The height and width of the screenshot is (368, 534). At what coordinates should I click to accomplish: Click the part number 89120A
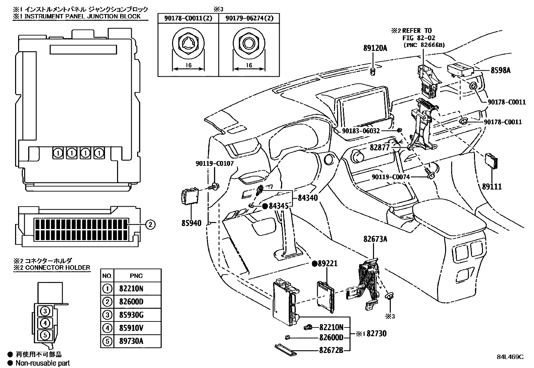click(375, 48)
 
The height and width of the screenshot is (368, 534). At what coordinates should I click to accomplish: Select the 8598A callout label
click(500, 70)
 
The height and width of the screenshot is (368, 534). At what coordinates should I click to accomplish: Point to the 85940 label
click(192, 223)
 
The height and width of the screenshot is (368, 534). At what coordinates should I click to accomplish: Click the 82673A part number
click(375, 239)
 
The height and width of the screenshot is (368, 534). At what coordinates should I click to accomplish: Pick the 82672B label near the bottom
click(331, 351)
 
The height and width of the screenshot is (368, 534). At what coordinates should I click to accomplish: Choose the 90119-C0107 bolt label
click(215, 164)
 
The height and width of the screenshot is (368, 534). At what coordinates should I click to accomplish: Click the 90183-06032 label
click(361, 131)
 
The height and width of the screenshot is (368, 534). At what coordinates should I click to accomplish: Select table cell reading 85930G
click(131, 315)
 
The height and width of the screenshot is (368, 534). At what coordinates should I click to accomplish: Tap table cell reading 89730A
click(131, 341)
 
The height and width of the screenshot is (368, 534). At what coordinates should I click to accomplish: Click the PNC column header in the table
click(136, 276)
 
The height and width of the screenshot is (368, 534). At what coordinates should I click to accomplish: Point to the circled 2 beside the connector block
click(150, 225)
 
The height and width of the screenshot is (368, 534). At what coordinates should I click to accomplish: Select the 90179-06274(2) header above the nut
click(249, 18)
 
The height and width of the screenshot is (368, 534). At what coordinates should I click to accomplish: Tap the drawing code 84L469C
click(510, 357)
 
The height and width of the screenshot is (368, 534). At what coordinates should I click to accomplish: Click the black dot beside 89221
click(315, 264)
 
